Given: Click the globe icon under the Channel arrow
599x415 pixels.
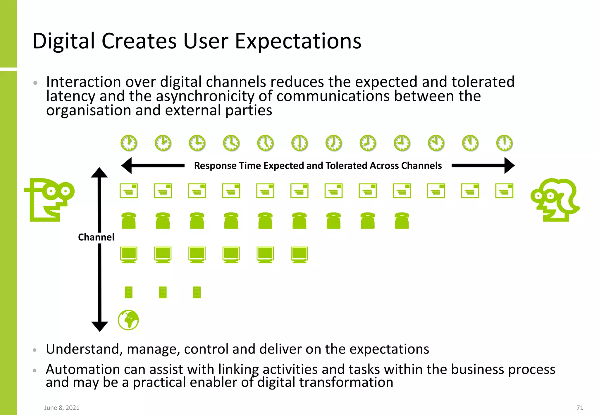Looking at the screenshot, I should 128,320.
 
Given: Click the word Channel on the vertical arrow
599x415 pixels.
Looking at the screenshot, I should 96,237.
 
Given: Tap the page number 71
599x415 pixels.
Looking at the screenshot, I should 580,408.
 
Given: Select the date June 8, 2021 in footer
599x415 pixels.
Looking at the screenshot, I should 62,408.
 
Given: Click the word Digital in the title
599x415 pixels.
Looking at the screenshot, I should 63,41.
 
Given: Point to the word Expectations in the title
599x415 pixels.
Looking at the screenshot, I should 298,41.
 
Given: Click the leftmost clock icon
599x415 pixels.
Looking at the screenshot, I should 129,143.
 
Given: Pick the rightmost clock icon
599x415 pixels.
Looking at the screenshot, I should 504,143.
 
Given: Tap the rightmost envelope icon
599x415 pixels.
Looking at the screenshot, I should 504,191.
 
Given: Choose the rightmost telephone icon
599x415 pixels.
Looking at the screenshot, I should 402,220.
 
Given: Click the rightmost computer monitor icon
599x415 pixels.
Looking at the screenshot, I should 299,254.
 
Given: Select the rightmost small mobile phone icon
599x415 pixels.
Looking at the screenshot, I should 197,292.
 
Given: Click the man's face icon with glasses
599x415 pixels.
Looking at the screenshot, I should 50,200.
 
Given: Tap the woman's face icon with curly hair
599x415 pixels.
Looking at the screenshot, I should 555,200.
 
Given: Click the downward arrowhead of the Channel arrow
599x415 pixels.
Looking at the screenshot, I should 99,326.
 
